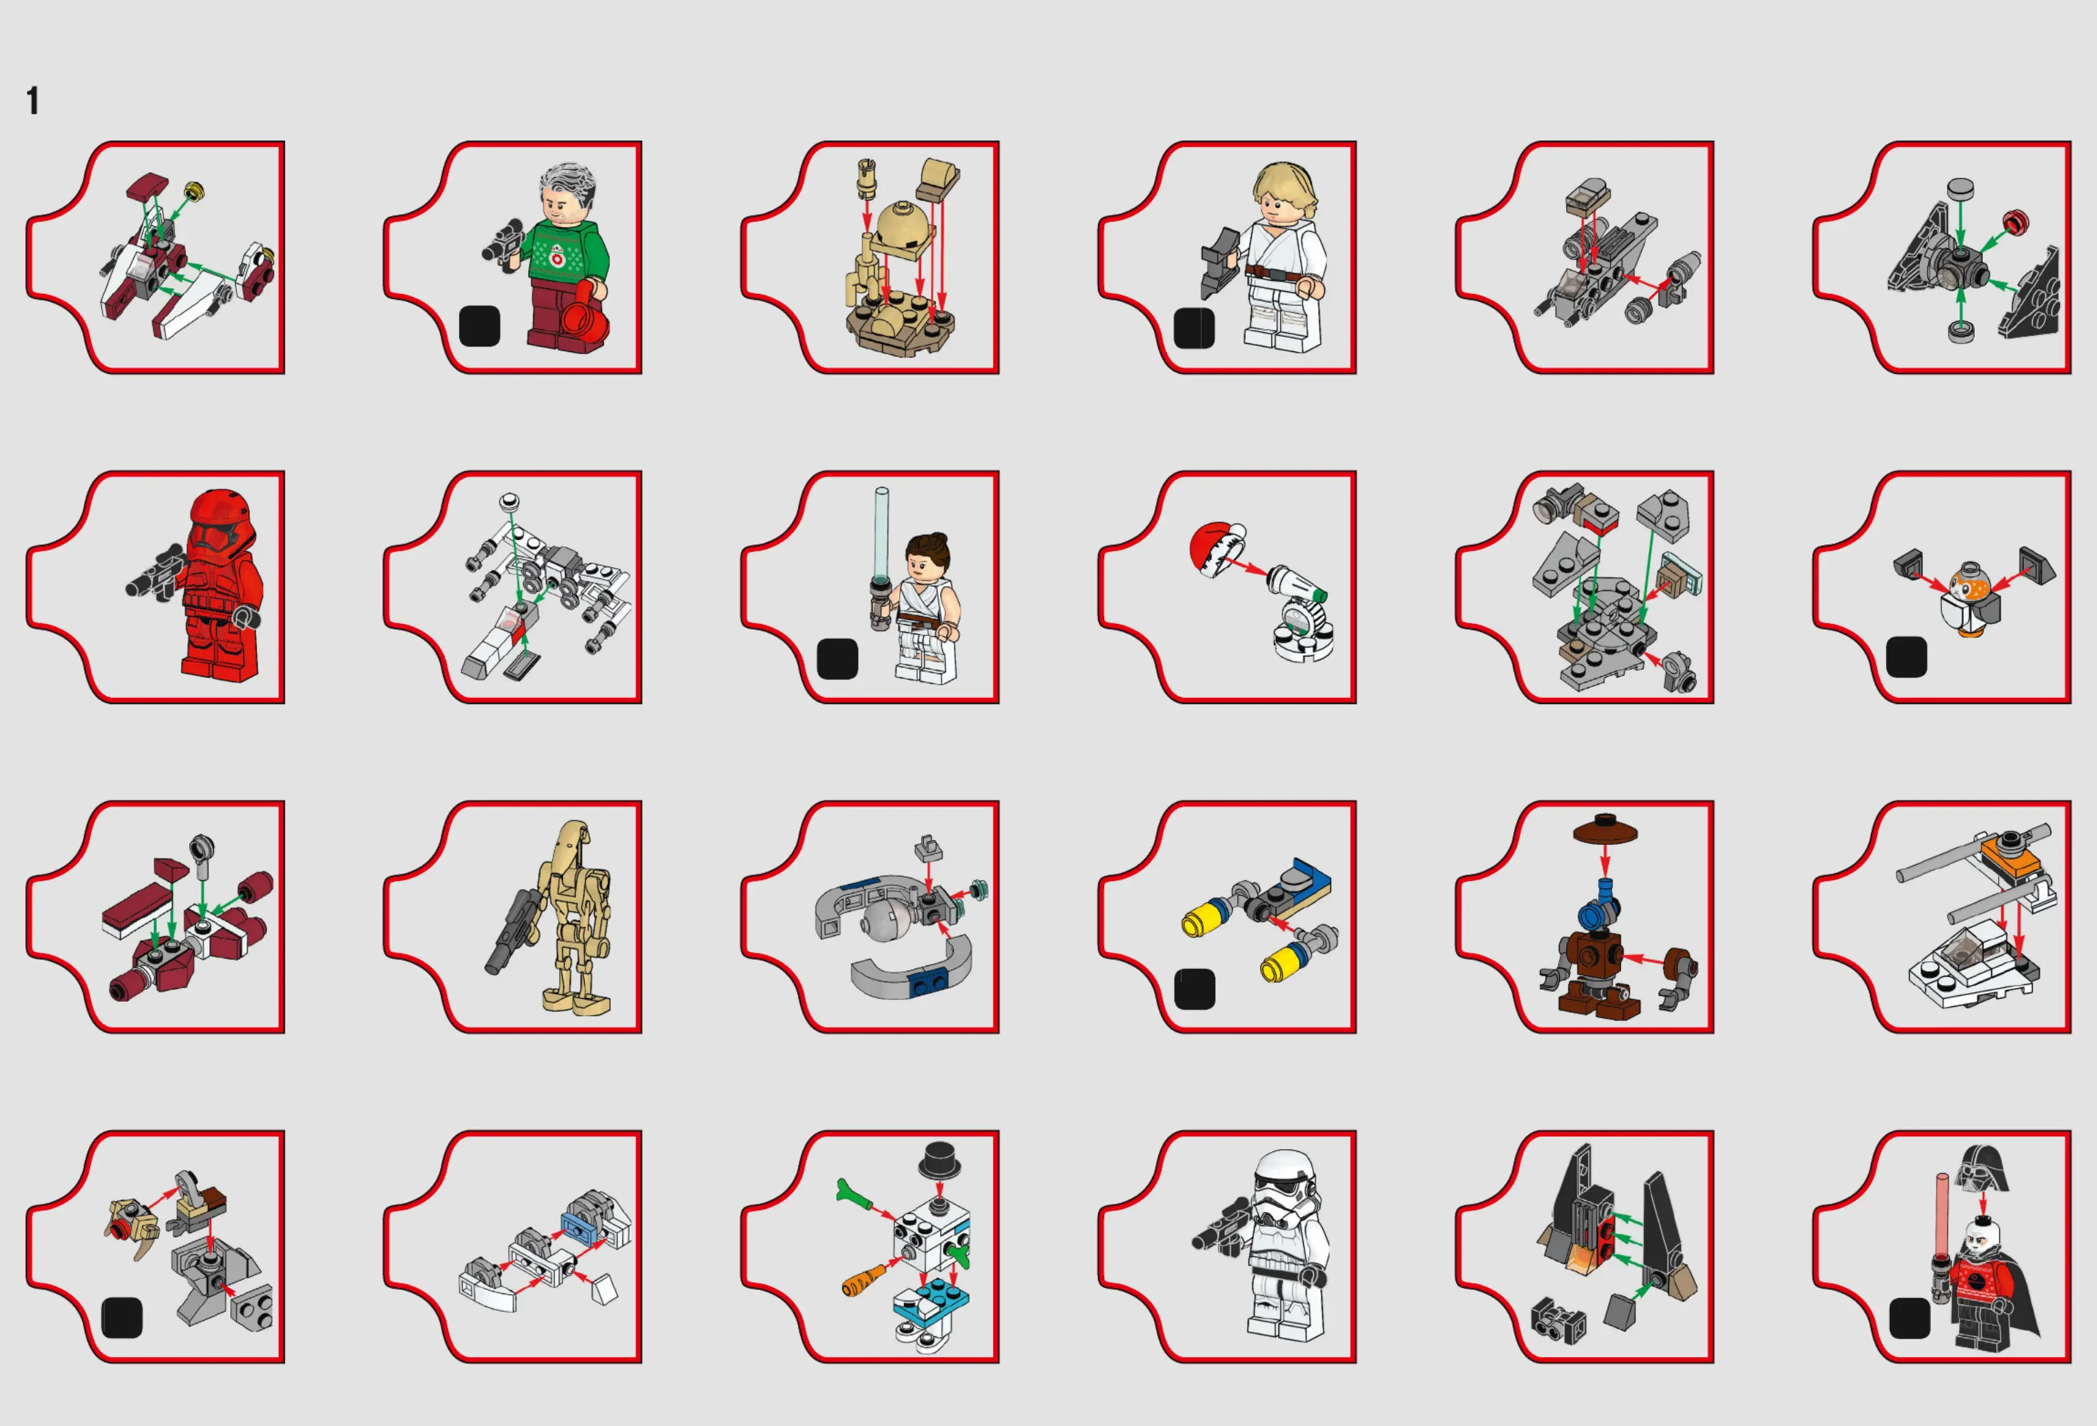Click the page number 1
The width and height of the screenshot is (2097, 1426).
[x=33, y=100]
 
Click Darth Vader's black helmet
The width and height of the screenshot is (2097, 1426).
[x=1981, y=1169]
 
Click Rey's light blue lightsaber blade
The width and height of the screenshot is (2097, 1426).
[x=881, y=532]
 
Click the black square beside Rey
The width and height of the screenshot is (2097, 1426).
[x=836, y=659]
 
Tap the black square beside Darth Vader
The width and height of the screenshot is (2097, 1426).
[x=1909, y=1318]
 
